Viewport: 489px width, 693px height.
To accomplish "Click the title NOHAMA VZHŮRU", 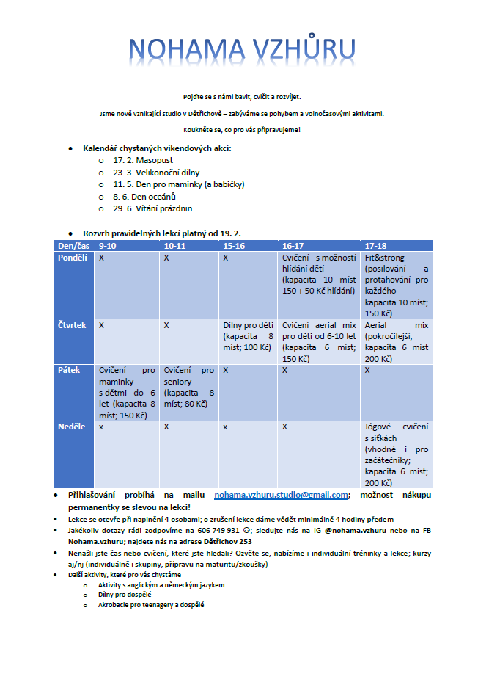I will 243,48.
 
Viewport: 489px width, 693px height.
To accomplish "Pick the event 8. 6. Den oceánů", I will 144,197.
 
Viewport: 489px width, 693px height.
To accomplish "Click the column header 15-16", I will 235,246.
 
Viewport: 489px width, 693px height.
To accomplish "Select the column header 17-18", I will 376,246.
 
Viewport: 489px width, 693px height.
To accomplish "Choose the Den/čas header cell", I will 74,246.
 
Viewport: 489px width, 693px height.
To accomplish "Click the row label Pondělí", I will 73,258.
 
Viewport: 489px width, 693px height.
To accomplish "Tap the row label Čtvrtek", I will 73,324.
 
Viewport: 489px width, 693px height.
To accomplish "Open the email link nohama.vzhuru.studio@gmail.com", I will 281,496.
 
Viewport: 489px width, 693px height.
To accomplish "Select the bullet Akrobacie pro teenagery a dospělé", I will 151,605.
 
